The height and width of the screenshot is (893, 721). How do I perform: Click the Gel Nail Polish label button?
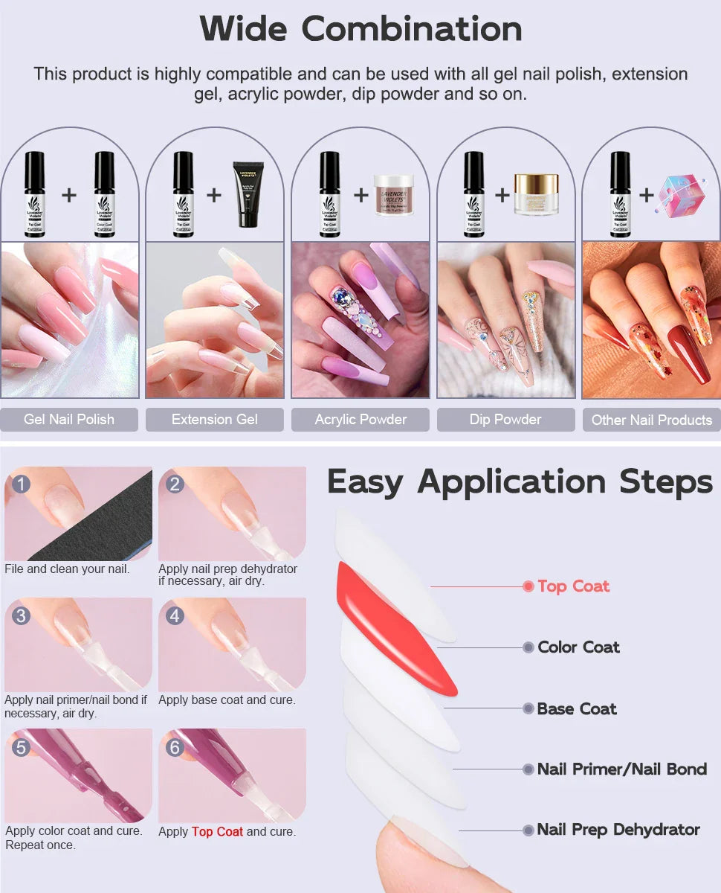(69, 419)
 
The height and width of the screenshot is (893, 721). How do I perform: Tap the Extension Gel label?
(214, 419)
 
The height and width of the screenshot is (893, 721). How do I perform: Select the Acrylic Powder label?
(360, 419)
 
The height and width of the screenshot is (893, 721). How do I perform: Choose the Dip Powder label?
(505, 419)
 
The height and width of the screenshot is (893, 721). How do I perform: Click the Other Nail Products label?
(651, 420)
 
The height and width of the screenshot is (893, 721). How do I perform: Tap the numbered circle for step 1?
(21, 484)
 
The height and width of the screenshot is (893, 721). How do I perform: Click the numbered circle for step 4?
(175, 615)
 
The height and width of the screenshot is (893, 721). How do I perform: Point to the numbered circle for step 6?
(175, 746)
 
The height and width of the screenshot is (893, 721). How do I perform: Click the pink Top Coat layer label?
(573, 586)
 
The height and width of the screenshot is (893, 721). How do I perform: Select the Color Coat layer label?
(578, 647)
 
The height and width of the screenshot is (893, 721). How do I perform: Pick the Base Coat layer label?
(577, 709)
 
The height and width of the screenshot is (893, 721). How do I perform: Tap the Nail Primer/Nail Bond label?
(621, 769)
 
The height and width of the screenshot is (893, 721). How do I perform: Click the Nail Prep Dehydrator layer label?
(618, 830)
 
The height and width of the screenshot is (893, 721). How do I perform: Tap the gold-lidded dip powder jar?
(536, 193)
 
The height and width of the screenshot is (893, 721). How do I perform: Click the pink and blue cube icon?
(680, 195)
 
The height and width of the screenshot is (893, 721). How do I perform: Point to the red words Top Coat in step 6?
(217, 831)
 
